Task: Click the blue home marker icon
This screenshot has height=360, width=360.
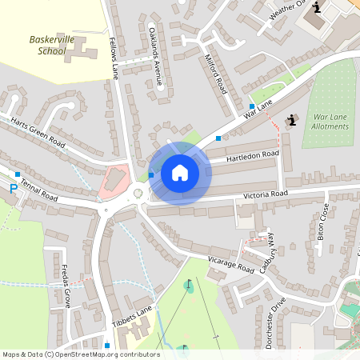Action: click(x=180, y=173)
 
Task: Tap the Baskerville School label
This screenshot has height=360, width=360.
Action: click(x=47, y=45)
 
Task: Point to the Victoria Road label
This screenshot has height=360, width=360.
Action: click(x=264, y=194)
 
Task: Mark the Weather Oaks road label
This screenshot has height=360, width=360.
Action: click(x=288, y=10)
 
